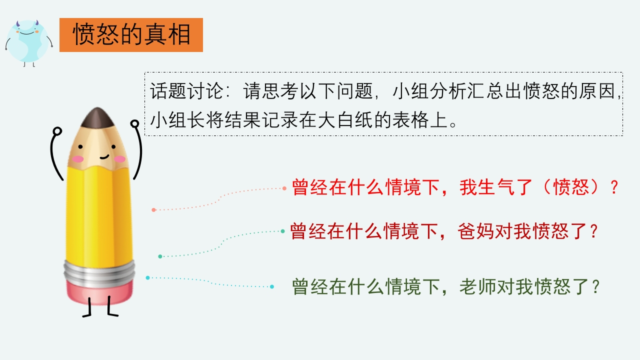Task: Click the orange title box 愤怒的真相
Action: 131,35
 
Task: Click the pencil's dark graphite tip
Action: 97,117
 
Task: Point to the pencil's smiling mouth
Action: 104,156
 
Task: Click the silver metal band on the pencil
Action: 99,273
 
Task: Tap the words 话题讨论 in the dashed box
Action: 186,91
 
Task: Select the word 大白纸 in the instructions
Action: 345,119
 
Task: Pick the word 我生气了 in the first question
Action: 495,187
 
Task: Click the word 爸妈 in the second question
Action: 475,231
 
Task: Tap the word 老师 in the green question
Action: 477,286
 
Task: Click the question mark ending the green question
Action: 595,286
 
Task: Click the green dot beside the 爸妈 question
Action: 282,231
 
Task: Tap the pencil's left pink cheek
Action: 77,159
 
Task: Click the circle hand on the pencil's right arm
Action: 135,123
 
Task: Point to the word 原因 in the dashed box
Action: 597,91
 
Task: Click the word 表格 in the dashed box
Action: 410,119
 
